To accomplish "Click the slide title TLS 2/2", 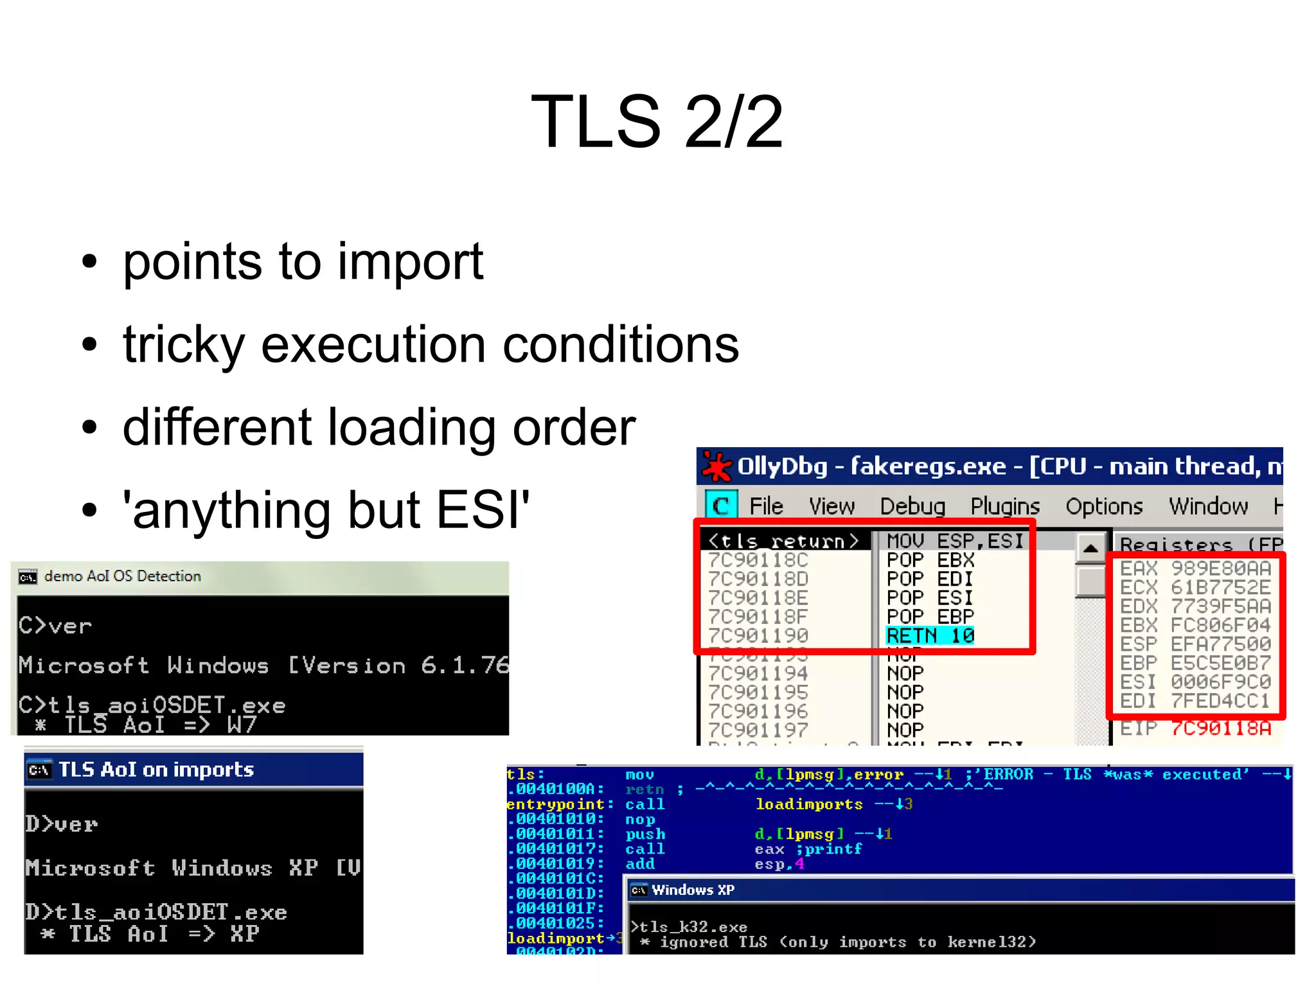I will click(x=657, y=122).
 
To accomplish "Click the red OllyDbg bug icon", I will click(x=716, y=466).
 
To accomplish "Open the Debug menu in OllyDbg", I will click(x=912, y=506).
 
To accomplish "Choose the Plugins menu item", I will click(x=1004, y=506).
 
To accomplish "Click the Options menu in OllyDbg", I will click(x=1103, y=506).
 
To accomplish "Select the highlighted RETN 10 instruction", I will click(x=930, y=636).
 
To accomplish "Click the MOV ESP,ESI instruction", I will click(x=954, y=541).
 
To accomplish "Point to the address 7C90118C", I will click(x=758, y=560).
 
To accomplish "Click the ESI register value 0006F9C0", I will click(x=1220, y=682).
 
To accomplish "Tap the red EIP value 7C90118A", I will click(x=1220, y=728).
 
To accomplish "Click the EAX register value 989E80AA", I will click(x=1220, y=568).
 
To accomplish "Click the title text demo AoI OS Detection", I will click(x=122, y=576).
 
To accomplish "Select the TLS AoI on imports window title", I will click(x=156, y=770).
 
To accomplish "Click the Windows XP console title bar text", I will click(x=692, y=890).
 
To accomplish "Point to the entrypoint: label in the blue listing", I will click(x=558, y=804).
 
